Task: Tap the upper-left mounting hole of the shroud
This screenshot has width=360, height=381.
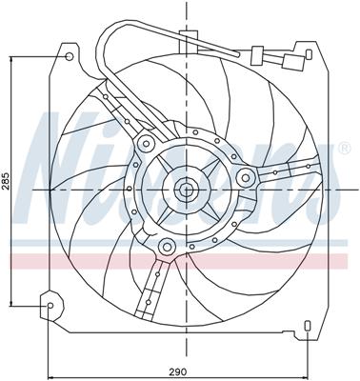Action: click(x=69, y=57)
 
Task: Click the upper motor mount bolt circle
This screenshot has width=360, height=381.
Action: click(x=146, y=144)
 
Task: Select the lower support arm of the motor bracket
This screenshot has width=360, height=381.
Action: click(x=152, y=286)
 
